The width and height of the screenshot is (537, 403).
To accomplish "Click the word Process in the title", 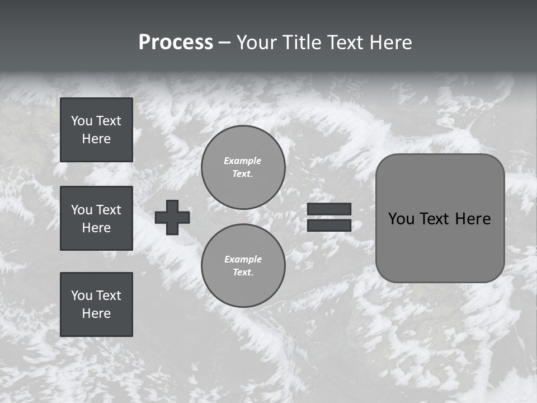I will (x=176, y=43).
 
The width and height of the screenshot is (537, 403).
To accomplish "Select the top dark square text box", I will (x=96, y=130).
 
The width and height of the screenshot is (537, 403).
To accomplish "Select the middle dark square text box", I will (x=96, y=218).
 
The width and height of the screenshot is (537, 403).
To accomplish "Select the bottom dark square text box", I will (x=96, y=304).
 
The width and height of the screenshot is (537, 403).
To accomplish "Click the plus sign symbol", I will (x=172, y=217).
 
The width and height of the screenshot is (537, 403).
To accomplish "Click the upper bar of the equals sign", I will (x=329, y=209).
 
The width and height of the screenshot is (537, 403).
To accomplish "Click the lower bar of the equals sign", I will (x=329, y=225).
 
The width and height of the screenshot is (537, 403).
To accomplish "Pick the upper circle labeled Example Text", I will (x=243, y=167).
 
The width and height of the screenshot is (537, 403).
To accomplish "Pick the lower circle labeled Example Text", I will (x=243, y=265).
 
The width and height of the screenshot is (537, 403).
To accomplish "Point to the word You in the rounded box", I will (x=401, y=219).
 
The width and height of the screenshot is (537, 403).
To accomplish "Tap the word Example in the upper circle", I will (x=243, y=161).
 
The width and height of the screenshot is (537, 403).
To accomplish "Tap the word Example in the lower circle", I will (x=243, y=259).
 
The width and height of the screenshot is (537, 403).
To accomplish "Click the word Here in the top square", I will (x=96, y=139).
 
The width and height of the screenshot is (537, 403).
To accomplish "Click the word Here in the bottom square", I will (x=96, y=313).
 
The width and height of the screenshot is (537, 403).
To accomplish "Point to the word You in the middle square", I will (x=81, y=210).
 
